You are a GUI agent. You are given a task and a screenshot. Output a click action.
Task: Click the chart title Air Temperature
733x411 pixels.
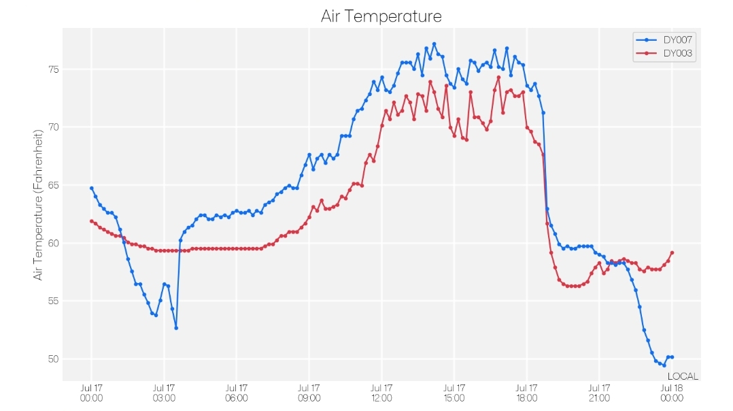(x=381, y=16)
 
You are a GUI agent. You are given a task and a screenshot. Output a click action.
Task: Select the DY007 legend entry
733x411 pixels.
(x=664, y=39)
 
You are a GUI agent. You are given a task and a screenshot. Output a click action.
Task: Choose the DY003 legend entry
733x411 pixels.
(x=664, y=53)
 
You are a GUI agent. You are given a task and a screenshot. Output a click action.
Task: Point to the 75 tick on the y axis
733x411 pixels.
(x=53, y=69)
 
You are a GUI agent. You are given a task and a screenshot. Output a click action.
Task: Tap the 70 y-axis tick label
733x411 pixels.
(x=53, y=127)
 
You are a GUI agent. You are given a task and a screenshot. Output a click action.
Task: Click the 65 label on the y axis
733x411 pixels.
(x=53, y=185)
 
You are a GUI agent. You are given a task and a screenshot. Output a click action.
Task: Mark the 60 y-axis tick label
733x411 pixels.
(x=53, y=243)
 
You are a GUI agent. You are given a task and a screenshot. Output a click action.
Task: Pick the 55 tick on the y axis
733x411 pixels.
(x=53, y=301)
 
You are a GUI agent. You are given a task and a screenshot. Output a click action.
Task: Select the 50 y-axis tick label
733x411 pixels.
(x=53, y=359)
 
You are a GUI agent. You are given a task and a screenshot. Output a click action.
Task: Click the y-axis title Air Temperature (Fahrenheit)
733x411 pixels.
(x=38, y=205)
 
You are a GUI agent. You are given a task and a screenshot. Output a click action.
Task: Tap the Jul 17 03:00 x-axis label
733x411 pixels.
(x=164, y=393)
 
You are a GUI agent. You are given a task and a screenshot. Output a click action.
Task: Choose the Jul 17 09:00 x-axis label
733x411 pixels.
(x=309, y=393)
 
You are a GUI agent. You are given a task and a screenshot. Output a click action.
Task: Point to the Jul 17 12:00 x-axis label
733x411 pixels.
(x=381, y=393)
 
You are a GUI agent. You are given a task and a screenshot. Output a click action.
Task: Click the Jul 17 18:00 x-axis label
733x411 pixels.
(x=527, y=393)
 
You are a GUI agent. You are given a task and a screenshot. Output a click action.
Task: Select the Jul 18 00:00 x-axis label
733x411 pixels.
(x=672, y=393)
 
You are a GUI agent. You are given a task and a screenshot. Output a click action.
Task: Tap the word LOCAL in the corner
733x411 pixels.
(x=683, y=376)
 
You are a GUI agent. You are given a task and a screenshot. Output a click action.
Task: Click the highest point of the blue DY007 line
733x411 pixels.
(x=434, y=44)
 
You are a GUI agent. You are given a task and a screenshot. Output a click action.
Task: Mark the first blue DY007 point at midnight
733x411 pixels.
(x=92, y=188)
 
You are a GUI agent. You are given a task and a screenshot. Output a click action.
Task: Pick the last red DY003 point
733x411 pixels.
(x=672, y=253)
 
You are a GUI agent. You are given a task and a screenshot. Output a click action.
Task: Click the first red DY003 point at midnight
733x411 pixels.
(x=92, y=221)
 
